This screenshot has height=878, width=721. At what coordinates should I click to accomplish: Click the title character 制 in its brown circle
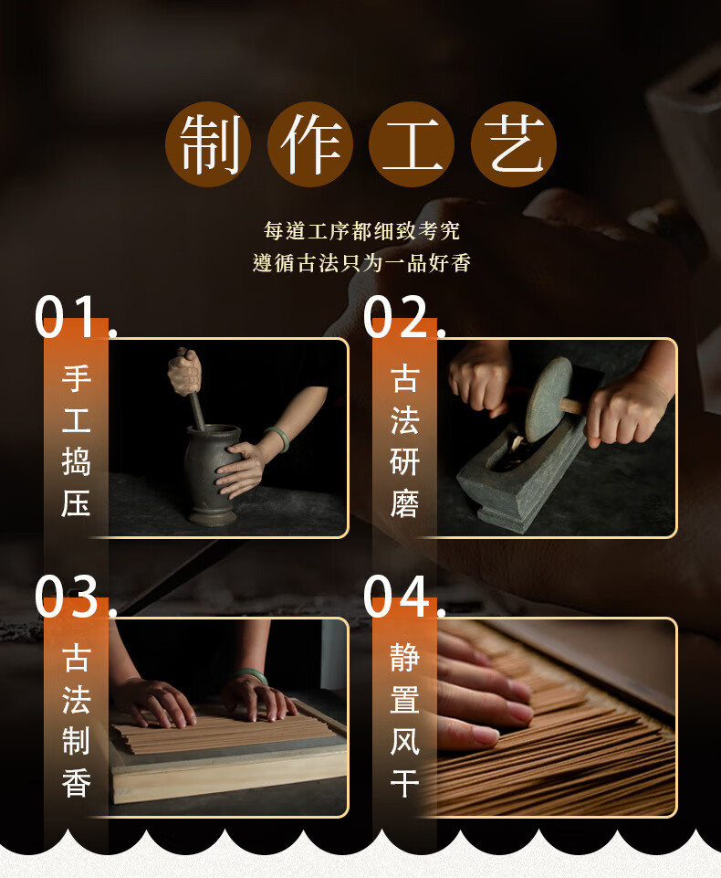[x=208, y=144]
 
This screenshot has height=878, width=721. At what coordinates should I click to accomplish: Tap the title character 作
[x=310, y=144]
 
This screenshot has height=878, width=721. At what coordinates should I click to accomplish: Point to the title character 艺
[x=514, y=144]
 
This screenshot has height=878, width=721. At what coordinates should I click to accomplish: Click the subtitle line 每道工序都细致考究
[x=361, y=231]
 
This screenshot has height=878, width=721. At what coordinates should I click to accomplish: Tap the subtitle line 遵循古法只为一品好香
[x=361, y=262]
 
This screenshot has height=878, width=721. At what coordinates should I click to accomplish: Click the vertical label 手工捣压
[x=76, y=440]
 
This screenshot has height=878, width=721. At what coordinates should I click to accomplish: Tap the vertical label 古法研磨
[x=404, y=440]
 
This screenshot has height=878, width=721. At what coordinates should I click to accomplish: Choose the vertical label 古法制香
[x=76, y=720]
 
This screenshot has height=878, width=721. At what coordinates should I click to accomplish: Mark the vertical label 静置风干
[x=404, y=720]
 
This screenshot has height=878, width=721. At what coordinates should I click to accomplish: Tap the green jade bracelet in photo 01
[x=278, y=439]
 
